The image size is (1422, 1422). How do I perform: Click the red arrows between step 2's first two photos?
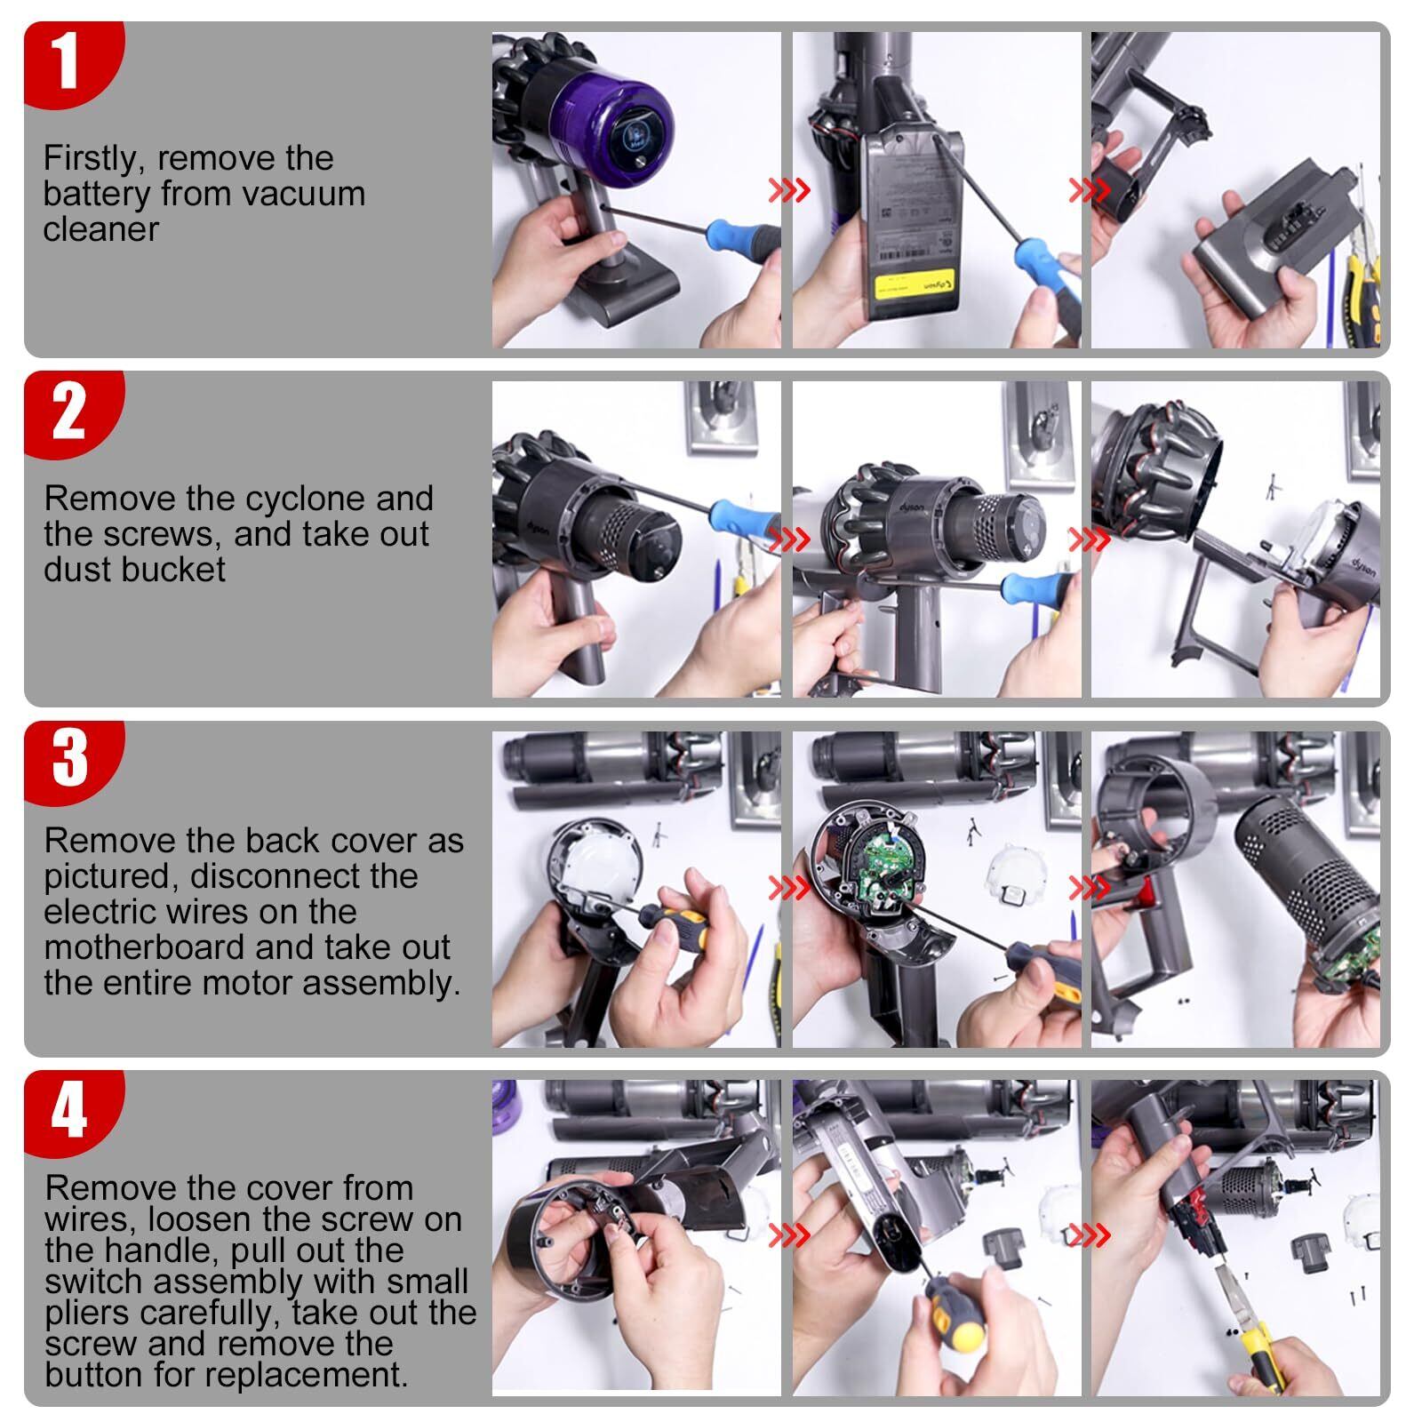[789, 539]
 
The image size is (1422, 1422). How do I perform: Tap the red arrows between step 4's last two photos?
[1089, 1235]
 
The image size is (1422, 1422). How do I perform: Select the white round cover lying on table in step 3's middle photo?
[1013, 875]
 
